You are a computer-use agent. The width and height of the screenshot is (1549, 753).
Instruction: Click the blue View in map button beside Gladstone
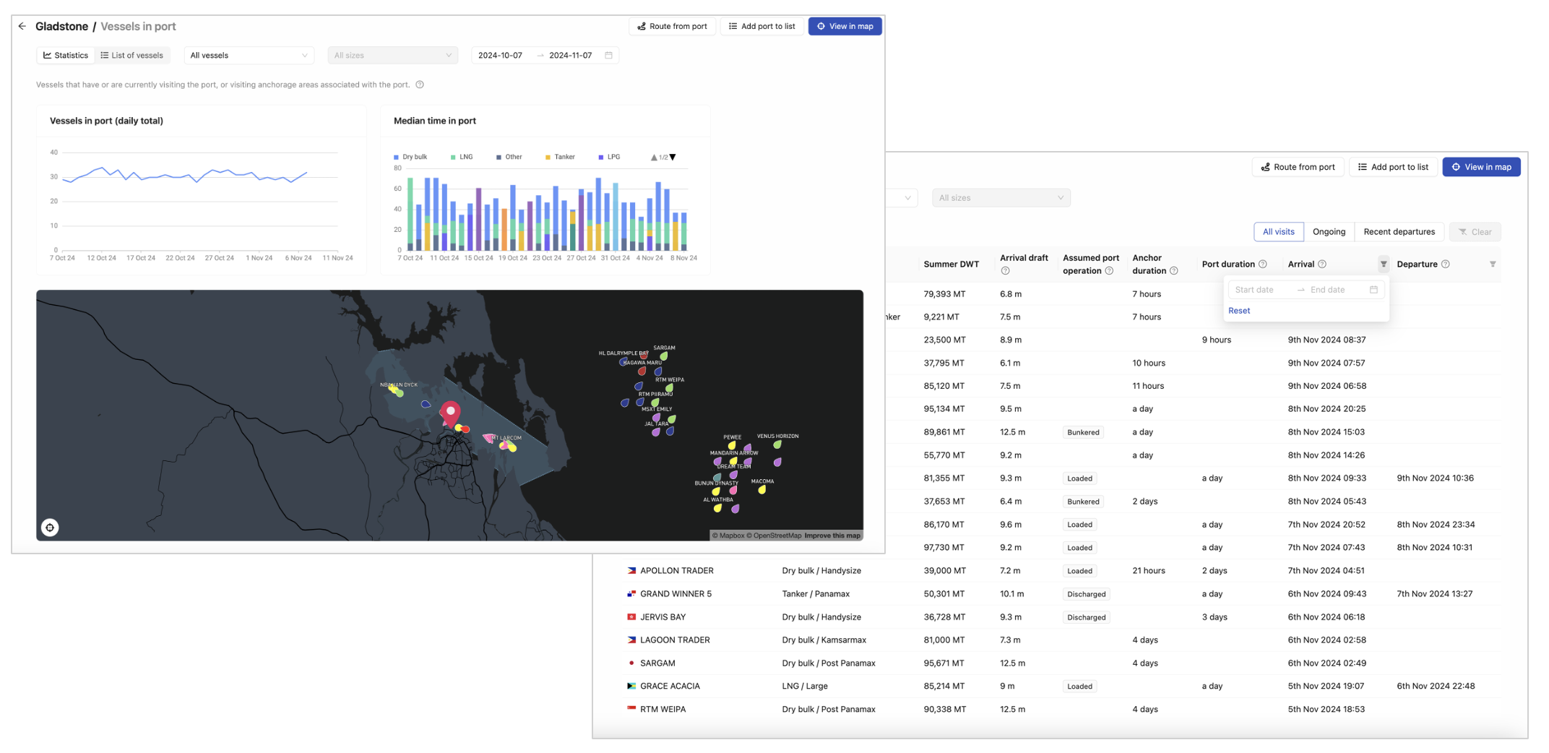click(x=845, y=26)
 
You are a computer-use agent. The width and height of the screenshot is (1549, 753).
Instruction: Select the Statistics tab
click(x=66, y=55)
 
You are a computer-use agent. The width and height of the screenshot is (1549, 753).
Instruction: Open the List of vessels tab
click(x=132, y=55)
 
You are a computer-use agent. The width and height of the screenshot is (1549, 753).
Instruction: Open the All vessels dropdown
click(x=249, y=55)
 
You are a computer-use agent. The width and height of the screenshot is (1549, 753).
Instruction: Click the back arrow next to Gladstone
click(x=22, y=26)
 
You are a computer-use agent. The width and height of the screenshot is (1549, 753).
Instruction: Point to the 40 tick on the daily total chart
click(x=53, y=152)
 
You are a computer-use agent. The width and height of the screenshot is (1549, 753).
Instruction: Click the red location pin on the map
click(x=450, y=413)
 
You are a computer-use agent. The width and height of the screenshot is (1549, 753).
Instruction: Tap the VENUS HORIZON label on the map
click(x=777, y=436)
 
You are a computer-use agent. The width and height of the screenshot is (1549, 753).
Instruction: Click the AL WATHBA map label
click(x=718, y=499)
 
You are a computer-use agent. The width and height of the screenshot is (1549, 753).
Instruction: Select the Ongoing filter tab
click(x=1329, y=231)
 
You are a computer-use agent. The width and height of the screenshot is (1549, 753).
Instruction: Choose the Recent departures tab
click(x=1399, y=231)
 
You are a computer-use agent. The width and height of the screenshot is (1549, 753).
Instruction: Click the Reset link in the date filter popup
click(x=1238, y=311)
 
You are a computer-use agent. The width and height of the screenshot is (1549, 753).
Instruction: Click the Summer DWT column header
click(x=951, y=264)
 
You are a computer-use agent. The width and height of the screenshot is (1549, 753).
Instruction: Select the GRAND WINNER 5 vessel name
click(x=676, y=594)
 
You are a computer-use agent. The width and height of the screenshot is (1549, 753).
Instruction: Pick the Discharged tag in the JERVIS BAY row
click(x=1086, y=617)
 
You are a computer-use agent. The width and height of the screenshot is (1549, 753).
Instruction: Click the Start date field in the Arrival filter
click(x=1261, y=290)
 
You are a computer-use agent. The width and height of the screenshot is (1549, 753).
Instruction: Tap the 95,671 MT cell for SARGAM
click(x=944, y=663)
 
